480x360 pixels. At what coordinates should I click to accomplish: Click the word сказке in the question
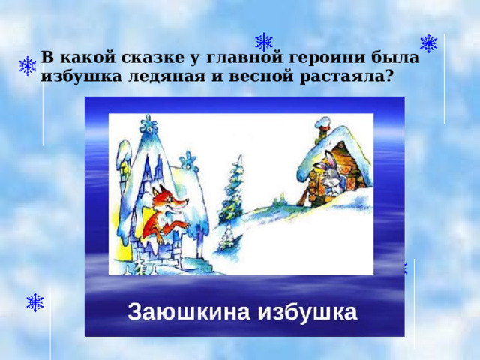click(x=135, y=56)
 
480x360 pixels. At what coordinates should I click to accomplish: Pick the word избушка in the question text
click(x=76, y=75)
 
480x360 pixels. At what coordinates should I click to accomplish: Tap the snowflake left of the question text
click(x=28, y=66)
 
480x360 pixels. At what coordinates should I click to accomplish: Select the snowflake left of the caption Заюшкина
click(x=35, y=302)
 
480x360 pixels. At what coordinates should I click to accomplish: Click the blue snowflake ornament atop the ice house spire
click(x=147, y=124)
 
